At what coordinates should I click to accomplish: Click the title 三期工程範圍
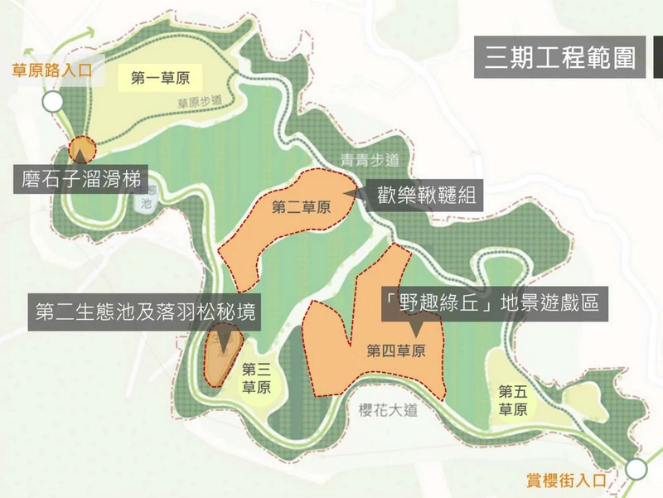(559, 57)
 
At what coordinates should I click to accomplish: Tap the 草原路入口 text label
(51, 71)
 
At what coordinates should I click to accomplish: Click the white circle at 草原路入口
(53, 103)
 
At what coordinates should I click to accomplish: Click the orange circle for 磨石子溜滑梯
(82, 149)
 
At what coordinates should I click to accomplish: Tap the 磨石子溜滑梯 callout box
(80, 178)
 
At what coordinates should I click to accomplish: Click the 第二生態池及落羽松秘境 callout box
(144, 311)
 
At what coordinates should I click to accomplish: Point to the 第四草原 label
(396, 351)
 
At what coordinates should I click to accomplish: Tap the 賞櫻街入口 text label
(568, 480)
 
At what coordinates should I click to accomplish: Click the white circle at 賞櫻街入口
(636, 469)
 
